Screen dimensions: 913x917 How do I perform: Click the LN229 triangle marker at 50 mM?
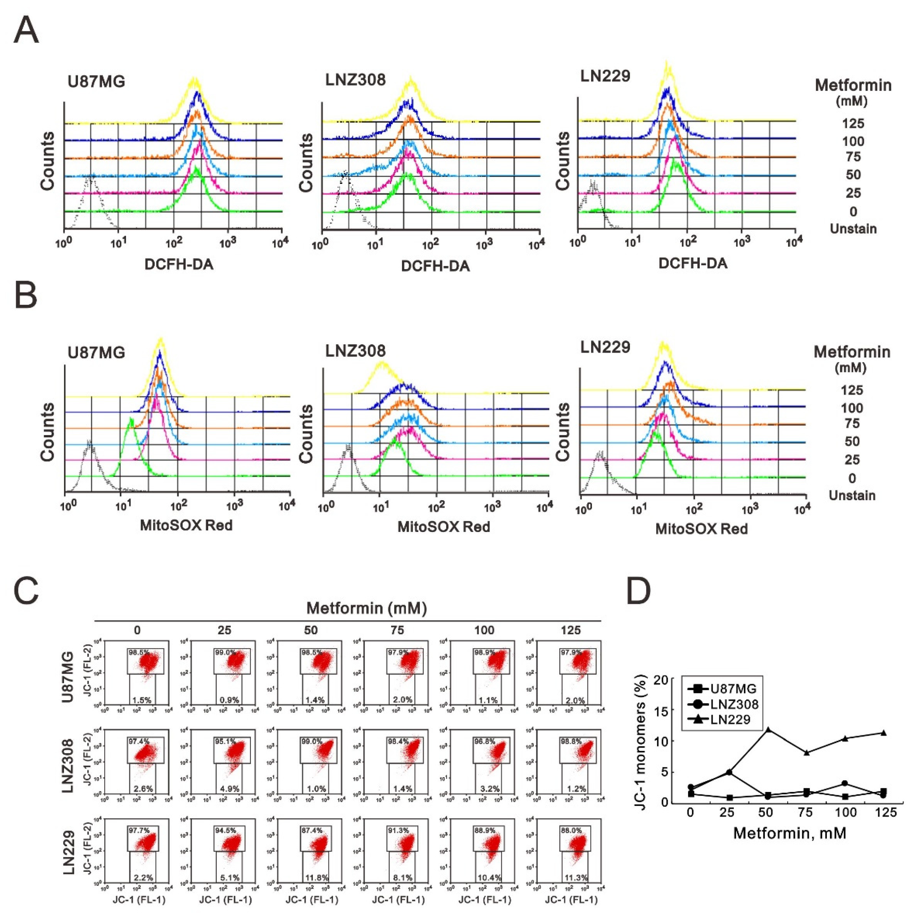766,729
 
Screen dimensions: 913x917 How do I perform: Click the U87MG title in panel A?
96,82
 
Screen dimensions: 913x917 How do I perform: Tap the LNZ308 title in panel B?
356,351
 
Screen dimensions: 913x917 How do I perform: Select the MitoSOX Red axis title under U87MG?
186,525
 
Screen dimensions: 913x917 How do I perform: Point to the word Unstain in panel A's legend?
853,229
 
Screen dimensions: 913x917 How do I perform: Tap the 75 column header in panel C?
397,630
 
